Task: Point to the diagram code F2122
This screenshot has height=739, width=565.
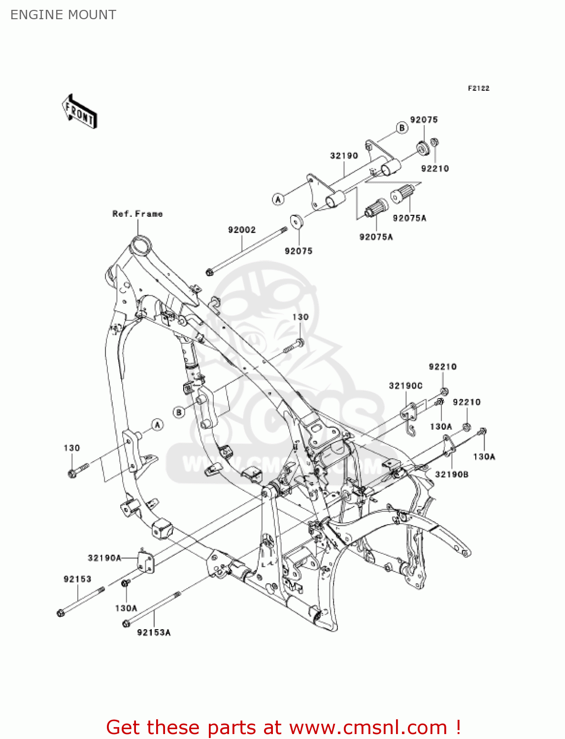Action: tap(478, 88)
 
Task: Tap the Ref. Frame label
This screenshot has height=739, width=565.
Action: tap(137, 214)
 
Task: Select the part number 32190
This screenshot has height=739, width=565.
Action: tap(344, 156)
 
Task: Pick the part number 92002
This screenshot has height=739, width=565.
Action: tap(242, 230)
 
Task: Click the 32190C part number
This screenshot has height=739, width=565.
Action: tap(405, 386)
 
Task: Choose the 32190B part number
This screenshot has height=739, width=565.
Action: tap(452, 474)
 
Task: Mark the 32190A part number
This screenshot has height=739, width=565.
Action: tap(104, 558)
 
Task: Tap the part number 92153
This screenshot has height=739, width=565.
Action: tap(77, 579)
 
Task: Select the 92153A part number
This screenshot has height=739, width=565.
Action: tap(154, 632)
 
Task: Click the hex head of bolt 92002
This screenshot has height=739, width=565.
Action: tap(209, 271)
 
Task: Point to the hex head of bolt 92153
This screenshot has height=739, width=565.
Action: tap(61, 613)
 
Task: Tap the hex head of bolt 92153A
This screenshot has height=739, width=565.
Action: tap(126, 624)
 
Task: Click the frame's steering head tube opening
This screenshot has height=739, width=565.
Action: tap(139, 245)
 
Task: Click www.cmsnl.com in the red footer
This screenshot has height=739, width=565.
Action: tap(368, 728)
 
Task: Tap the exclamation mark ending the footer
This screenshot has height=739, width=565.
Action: tap(458, 728)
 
